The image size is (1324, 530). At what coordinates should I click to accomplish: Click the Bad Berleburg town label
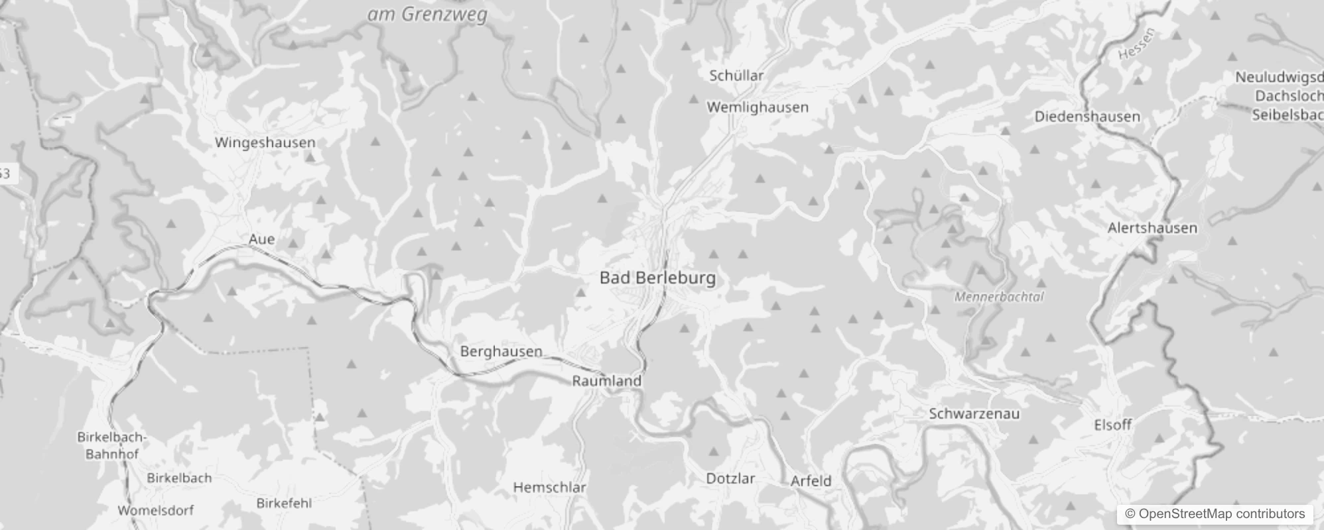click(x=657, y=278)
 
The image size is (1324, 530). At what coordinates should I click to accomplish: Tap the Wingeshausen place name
click(x=265, y=142)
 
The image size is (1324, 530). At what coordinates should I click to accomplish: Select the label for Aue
click(x=261, y=239)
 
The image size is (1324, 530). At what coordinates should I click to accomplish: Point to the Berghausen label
click(x=501, y=352)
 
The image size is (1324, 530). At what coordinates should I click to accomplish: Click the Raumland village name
click(x=606, y=381)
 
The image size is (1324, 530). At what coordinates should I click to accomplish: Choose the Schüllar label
click(x=736, y=76)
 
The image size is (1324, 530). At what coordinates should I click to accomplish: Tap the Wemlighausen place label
click(x=758, y=107)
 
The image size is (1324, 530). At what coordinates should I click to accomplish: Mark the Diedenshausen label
click(x=1087, y=117)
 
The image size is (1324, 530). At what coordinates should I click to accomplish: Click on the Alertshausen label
click(x=1152, y=228)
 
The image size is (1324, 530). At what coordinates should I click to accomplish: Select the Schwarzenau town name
click(x=974, y=414)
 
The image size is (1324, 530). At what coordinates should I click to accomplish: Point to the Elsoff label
click(x=1112, y=425)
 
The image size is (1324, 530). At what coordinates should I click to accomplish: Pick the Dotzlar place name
click(x=730, y=478)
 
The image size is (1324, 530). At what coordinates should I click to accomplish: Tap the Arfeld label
click(x=811, y=481)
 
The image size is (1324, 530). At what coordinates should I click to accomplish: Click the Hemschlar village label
click(x=549, y=488)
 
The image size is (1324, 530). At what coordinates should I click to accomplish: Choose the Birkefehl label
click(x=284, y=503)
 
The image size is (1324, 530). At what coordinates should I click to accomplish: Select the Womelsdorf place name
click(x=155, y=510)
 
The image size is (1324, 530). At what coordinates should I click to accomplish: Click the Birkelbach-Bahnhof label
click(x=111, y=446)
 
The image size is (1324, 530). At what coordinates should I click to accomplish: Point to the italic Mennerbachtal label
click(x=999, y=297)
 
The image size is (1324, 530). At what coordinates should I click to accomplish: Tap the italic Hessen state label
click(x=1136, y=44)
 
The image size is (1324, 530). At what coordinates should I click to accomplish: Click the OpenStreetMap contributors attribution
click(x=1214, y=514)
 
